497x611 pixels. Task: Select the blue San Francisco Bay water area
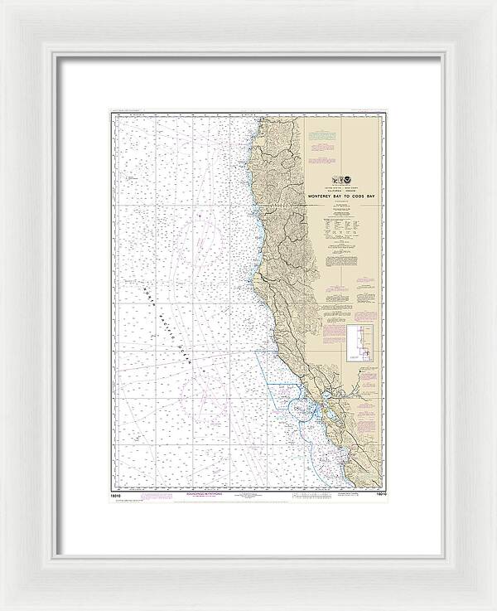326,410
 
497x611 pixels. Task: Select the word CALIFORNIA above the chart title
326,188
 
